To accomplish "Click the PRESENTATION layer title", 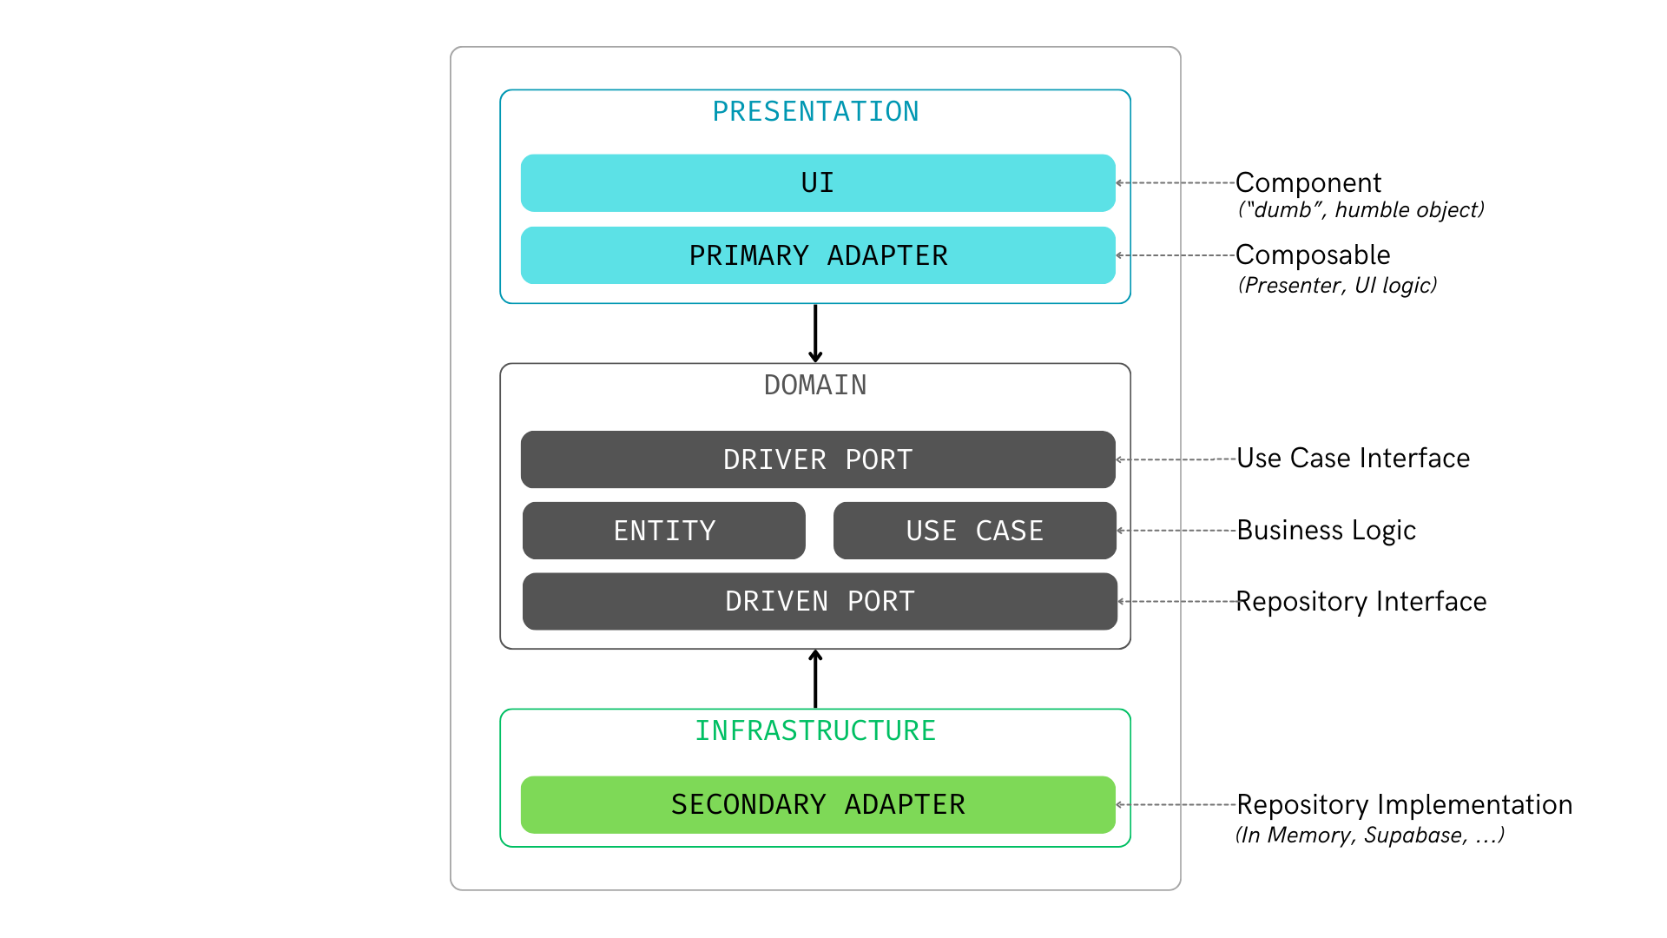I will [815, 112].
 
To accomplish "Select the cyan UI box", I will [818, 183].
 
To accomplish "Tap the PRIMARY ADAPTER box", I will [818, 255].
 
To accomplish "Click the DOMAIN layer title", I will [815, 386].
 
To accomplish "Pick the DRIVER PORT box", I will [818, 459].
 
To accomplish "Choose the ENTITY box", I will [664, 531].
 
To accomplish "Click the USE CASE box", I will [974, 531].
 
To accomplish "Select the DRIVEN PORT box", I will [820, 601].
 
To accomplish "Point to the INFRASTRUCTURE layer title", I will [815, 731].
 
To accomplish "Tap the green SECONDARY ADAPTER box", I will [818, 804].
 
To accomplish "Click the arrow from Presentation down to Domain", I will [815, 334].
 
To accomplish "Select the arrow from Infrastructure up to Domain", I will [815, 679].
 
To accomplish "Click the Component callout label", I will [1308, 183].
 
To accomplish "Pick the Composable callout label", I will [1313, 255].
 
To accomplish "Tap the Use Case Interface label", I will [1353, 459].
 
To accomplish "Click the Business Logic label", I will [1326, 531].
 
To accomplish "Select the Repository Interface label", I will [1361, 602].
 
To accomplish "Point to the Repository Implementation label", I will [1404, 805].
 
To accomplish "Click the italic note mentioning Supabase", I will [1369, 836].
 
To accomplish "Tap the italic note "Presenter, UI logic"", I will [1337, 286].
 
